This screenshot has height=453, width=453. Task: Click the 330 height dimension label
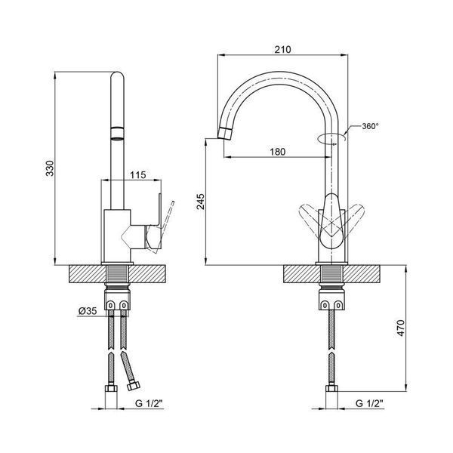pos(50,168)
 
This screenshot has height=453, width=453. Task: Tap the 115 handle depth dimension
pos(138,175)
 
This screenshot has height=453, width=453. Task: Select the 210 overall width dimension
pos(282,50)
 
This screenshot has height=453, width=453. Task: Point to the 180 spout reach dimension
pos(278,152)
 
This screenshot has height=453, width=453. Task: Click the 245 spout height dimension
pos(201,202)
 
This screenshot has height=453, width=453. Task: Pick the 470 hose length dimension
pos(401,328)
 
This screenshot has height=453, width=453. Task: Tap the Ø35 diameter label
pos(88,311)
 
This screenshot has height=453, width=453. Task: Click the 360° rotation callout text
pos(370,126)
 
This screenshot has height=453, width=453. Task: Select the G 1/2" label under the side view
pos(149,403)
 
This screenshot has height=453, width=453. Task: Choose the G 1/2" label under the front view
pos(369,403)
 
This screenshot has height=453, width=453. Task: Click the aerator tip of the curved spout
pos(224,133)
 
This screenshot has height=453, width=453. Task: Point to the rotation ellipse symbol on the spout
pos(331,138)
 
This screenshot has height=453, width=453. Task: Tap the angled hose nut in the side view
pos(134,385)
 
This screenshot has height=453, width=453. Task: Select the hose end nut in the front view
pos(332,388)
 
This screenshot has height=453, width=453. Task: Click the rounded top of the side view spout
pos(117,75)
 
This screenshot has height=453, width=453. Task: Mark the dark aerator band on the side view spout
pos(117,134)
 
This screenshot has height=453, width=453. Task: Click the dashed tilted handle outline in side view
pos(164,225)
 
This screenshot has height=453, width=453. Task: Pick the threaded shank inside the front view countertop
pos(331,274)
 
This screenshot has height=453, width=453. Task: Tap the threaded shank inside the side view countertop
pos(117,274)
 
